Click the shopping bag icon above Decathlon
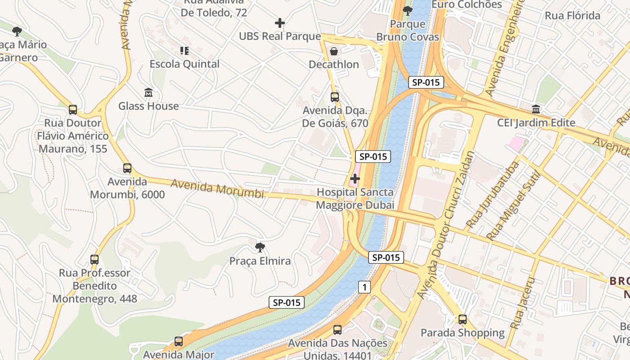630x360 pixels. [334, 51]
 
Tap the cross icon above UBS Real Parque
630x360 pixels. [280, 22]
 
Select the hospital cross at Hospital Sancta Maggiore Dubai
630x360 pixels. [355, 179]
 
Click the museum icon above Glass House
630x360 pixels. [148, 93]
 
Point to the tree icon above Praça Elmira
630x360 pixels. [260, 247]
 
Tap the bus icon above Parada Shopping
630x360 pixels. [462, 319]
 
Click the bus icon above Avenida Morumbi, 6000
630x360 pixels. [127, 168]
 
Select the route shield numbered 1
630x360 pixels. [364, 287]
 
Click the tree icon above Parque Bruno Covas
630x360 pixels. [408, 10]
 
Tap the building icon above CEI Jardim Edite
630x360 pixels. [536, 109]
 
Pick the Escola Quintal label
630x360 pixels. [184, 64]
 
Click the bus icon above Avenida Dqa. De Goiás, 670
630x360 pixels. [334, 97]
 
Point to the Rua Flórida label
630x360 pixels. [572, 16]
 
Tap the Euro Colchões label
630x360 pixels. [466, 5]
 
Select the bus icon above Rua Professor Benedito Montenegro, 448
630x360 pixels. [94, 260]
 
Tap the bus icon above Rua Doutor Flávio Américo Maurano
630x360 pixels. [73, 109]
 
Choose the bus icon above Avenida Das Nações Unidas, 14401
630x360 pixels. [337, 330]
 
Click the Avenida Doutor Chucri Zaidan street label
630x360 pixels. [445, 225]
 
